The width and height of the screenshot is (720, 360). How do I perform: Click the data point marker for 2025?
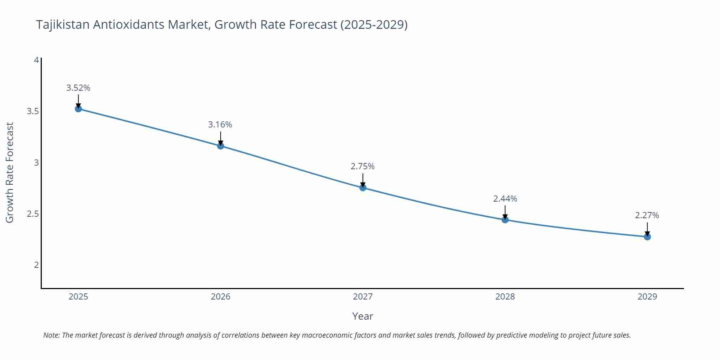pyautogui.click(x=78, y=109)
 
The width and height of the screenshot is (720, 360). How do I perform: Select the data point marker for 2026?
pyautogui.click(x=221, y=146)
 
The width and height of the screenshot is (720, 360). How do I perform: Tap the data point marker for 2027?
pyautogui.click(x=363, y=188)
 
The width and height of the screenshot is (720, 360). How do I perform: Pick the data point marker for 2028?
pyautogui.click(x=505, y=220)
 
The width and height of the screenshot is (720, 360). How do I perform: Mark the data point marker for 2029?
pyautogui.click(x=647, y=237)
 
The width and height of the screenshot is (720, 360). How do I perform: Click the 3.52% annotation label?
pyautogui.click(x=78, y=88)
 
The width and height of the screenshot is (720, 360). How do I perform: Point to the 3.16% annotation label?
pyautogui.click(x=220, y=125)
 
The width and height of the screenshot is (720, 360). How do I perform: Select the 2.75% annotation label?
pyautogui.click(x=363, y=166)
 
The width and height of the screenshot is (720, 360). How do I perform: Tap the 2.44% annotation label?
pyautogui.click(x=505, y=199)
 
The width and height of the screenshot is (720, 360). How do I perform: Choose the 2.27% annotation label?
pyautogui.click(x=647, y=215)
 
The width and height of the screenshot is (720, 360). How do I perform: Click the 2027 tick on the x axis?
pyautogui.click(x=363, y=297)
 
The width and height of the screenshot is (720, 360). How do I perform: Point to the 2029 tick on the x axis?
pyautogui.click(x=647, y=297)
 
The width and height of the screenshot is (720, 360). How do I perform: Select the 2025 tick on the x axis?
pyautogui.click(x=78, y=297)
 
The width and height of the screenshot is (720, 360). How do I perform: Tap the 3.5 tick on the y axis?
pyautogui.click(x=33, y=111)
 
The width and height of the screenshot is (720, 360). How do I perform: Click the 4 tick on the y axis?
pyautogui.click(x=36, y=60)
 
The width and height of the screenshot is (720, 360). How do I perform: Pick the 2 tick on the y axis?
pyautogui.click(x=36, y=265)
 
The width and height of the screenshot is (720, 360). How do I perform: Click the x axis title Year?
pyautogui.click(x=363, y=316)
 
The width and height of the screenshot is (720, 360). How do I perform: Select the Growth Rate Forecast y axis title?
pyautogui.click(x=10, y=172)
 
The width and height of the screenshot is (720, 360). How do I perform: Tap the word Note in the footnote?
pyautogui.click(x=51, y=335)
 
